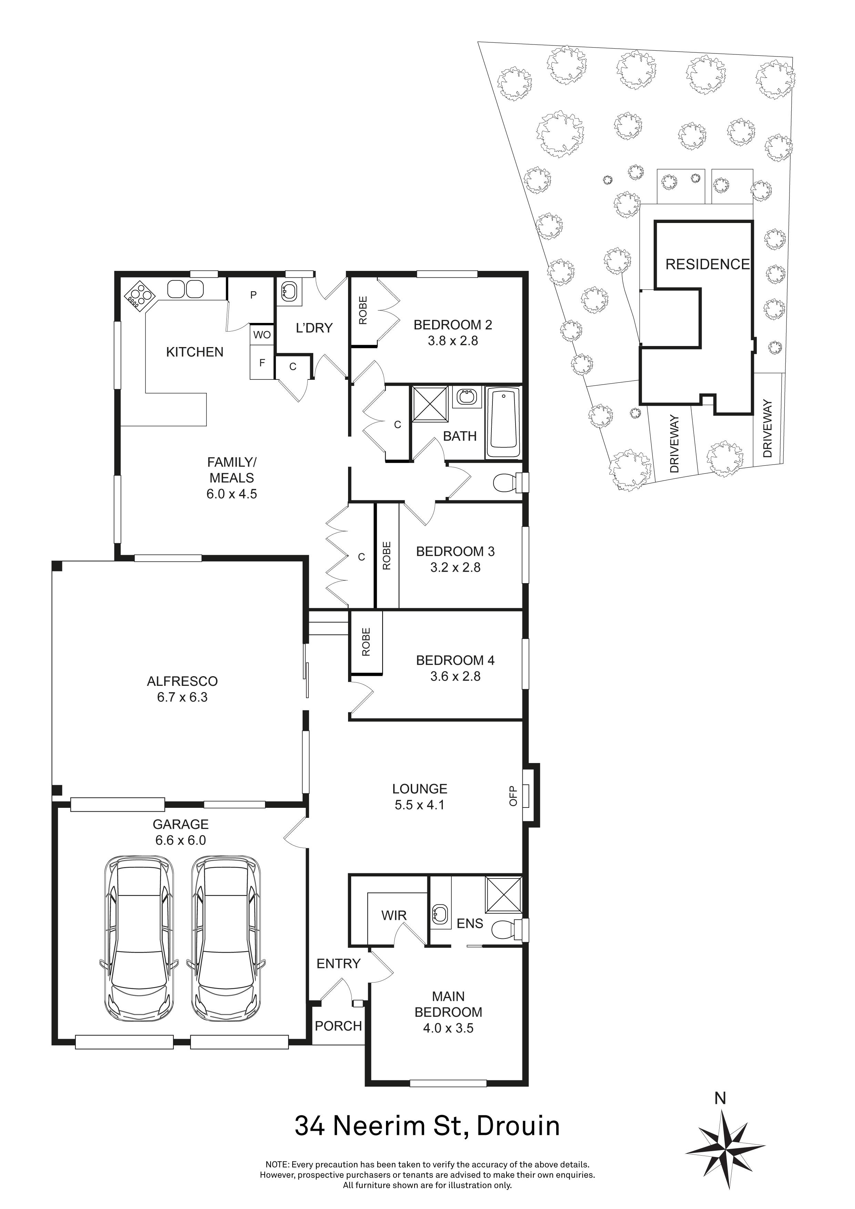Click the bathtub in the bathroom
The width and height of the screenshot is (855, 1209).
coord(504,423)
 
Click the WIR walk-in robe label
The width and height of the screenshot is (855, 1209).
coord(394,916)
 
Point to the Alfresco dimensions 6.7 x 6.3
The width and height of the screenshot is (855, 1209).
coord(182,698)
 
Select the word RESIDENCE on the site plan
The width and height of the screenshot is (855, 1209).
coord(707,264)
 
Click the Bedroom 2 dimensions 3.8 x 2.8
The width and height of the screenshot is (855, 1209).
coord(453,341)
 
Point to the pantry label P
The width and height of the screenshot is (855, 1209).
coord(253,295)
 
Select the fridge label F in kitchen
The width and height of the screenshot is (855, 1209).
coord(262,363)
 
